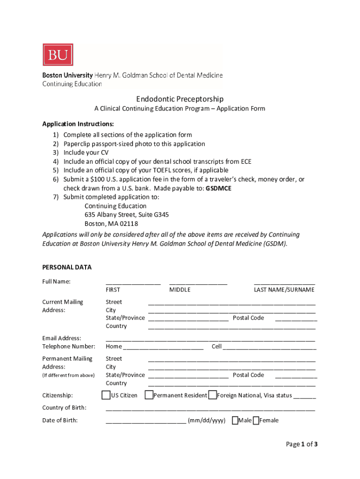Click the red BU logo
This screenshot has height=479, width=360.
tap(58, 55)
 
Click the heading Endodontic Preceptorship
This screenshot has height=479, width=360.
tap(180, 99)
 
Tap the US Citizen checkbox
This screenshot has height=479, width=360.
tap(106, 395)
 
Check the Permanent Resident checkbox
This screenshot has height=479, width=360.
tap(149, 395)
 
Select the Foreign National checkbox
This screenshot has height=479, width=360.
tap(213, 395)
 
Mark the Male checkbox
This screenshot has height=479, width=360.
tap(235, 420)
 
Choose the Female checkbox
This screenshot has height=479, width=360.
tap(256, 420)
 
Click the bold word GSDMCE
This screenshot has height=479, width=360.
tap(218, 188)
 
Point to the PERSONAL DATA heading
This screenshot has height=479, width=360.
tap(67, 268)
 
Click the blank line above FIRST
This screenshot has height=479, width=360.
tap(133, 283)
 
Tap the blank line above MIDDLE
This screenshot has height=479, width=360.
tap(198, 283)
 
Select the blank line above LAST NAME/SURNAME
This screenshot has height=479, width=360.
tap(284, 283)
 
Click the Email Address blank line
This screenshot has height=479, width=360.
tap(210, 340)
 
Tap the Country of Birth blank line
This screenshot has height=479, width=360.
tap(210, 409)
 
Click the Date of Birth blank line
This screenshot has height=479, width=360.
tap(146, 421)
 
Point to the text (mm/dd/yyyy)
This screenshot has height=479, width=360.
tap(207, 421)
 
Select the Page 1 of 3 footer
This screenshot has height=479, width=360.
tap(302, 444)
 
